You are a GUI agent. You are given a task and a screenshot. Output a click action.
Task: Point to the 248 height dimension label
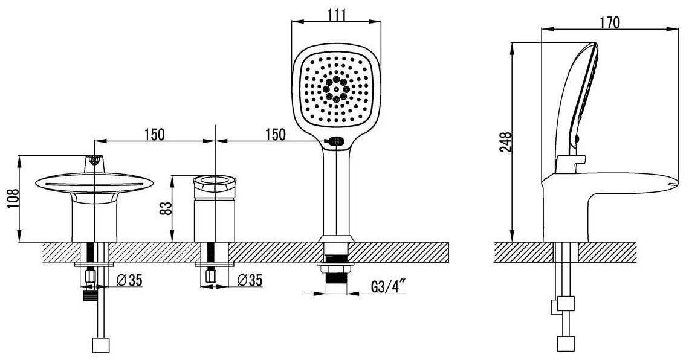506,142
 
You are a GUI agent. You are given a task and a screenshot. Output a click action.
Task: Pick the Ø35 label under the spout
130,280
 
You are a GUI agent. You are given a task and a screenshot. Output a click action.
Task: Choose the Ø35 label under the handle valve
250,280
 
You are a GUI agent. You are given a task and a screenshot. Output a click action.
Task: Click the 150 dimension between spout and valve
154,134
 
